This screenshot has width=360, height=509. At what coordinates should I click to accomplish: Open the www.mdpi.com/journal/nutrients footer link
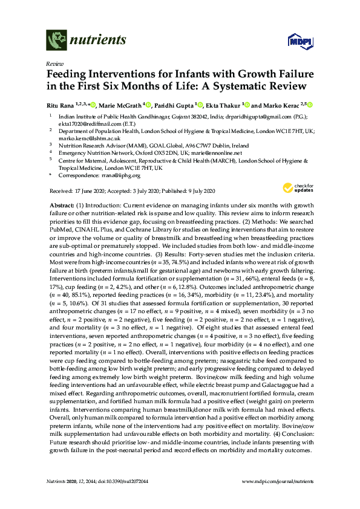(x=277, y=481)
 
